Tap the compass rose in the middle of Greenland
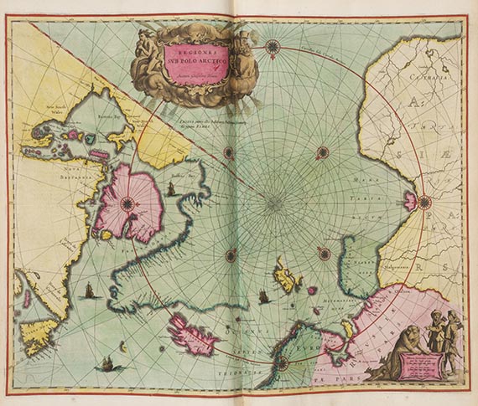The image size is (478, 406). tap(127, 203)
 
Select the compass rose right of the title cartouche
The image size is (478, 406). tap(273, 45)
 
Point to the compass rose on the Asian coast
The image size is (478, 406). tap(424, 201)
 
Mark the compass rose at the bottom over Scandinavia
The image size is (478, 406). tap(283, 362)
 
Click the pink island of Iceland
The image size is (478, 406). tap(195, 332)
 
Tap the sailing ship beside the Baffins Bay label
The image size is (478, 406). tap(170, 190)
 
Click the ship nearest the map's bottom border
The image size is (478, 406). tap(107, 364)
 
